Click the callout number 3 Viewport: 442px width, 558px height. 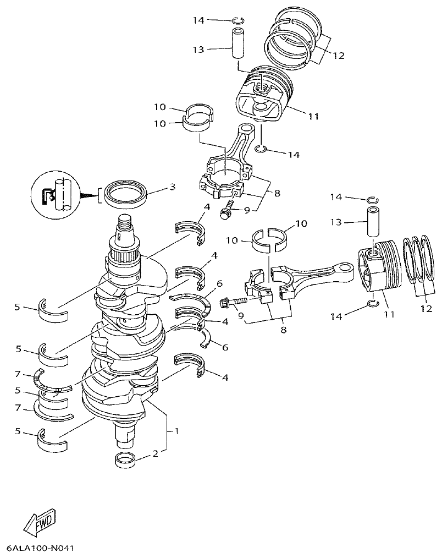172,187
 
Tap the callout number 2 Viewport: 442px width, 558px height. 156,454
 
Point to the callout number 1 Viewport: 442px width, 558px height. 176,431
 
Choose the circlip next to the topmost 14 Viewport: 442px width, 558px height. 238,21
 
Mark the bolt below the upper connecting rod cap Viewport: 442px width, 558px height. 225,211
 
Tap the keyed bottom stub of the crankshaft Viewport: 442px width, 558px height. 125,435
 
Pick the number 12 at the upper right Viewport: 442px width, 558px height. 338,56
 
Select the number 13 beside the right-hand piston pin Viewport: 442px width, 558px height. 336,222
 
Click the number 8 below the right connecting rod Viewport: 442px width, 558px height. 284,330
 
